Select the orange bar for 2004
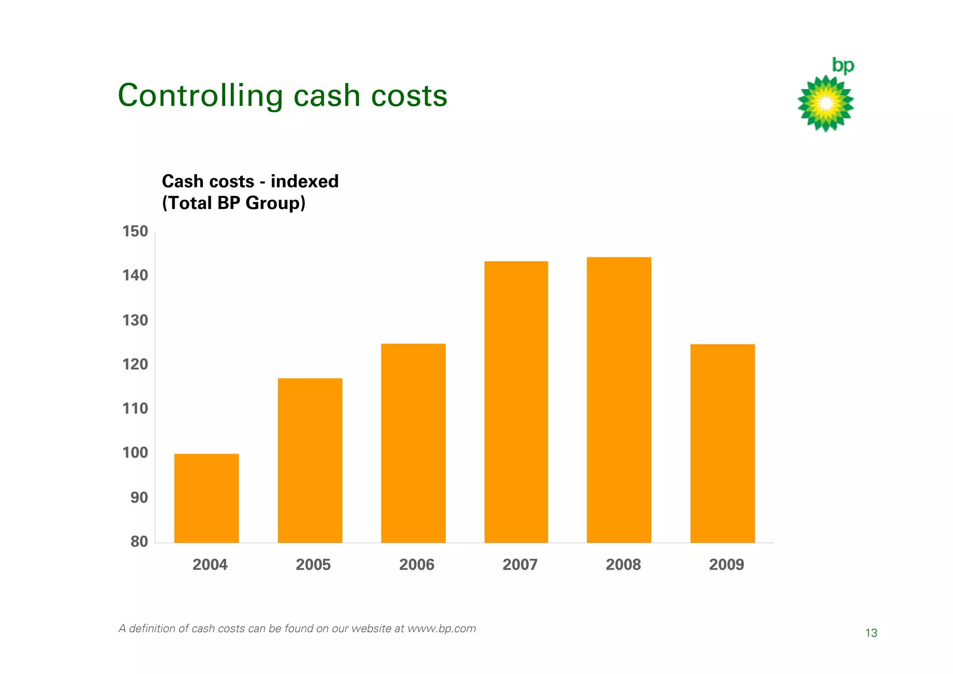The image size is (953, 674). click(x=207, y=498)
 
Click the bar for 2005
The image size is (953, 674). click(x=310, y=460)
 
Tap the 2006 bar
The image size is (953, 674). click(x=413, y=443)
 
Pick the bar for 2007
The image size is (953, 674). click(x=516, y=402)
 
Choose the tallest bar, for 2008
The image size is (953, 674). click(x=619, y=400)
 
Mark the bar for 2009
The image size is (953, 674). click(x=722, y=443)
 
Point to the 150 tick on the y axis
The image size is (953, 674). click(x=135, y=231)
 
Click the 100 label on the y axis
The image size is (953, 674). click(x=135, y=452)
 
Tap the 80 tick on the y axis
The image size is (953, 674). click(x=139, y=541)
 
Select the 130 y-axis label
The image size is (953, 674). click(x=135, y=320)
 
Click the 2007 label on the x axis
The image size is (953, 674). click(x=520, y=565)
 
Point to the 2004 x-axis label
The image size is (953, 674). click(x=210, y=565)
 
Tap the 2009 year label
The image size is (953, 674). click(x=726, y=565)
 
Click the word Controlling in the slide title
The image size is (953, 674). click(x=200, y=96)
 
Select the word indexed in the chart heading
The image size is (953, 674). click(x=305, y=181)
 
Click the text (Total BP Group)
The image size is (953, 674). click(x=234, y=203)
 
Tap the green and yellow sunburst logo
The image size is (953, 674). click(x=825, y=103)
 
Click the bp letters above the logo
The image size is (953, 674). click(x=843, y=66)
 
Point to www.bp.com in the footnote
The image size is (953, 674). click(x=442, y=628)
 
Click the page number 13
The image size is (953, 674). click(x=871, y=633)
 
